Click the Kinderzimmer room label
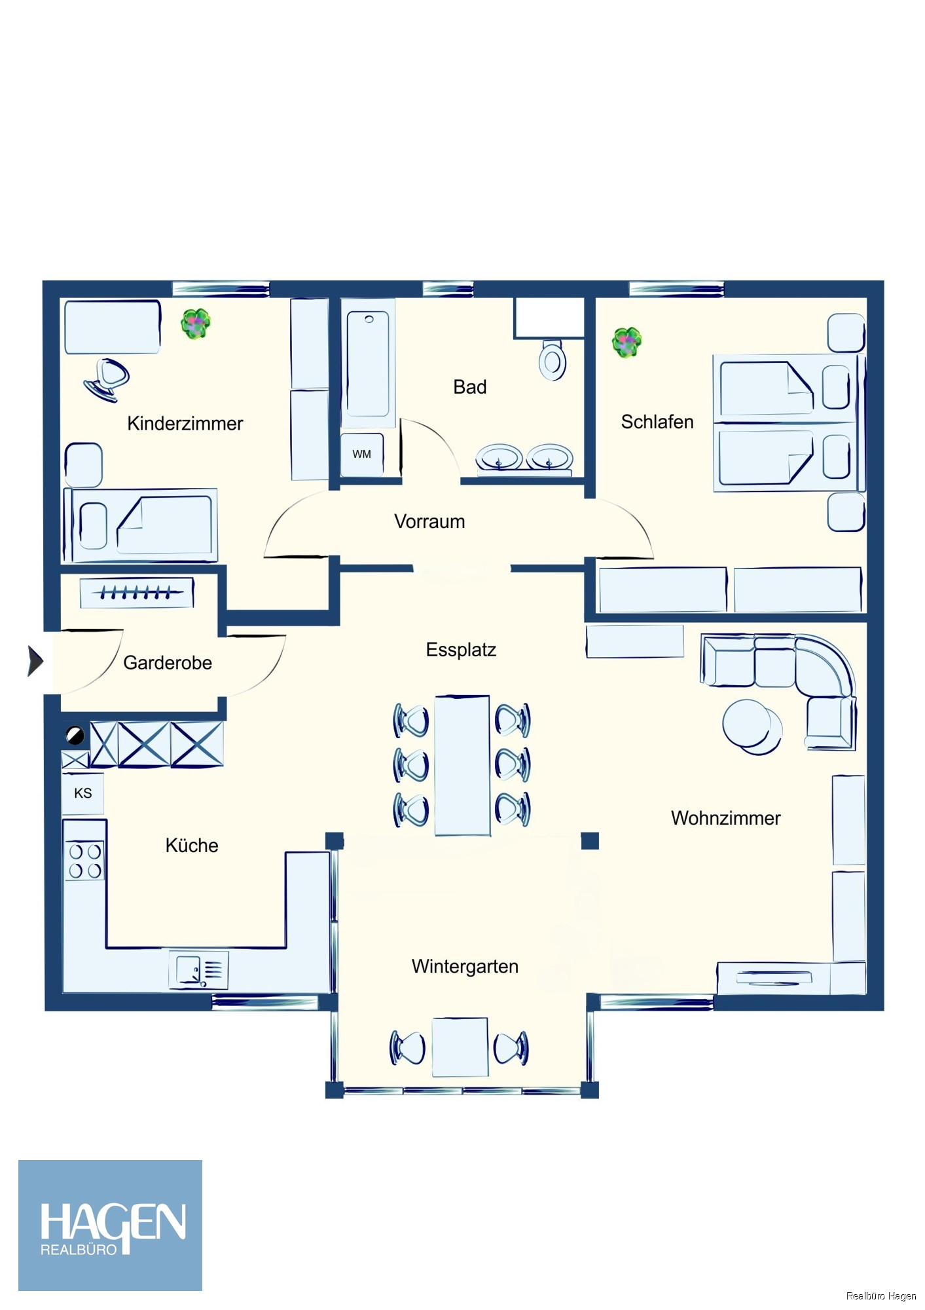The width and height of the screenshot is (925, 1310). point(185,424)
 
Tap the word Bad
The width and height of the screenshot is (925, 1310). point(469,387)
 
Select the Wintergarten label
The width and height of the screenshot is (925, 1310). point(465,967)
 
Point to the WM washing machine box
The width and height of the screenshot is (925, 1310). point(361,454)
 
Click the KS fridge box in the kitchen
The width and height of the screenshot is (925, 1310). point(83,793)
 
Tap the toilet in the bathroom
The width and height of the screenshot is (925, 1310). point(553,360)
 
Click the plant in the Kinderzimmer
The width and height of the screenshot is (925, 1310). point(195,324)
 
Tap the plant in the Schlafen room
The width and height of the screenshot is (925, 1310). point(626,342)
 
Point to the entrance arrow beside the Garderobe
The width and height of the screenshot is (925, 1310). point(35,660)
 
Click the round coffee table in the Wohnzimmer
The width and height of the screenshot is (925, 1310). point(752,726)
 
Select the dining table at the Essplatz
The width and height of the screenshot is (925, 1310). point(462,765)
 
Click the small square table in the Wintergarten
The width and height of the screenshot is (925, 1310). point(460,1047)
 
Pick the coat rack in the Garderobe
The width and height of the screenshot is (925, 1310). point(137,593)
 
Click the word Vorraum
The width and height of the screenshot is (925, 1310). point(429,522)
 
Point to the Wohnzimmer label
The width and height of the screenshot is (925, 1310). point(725,819)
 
